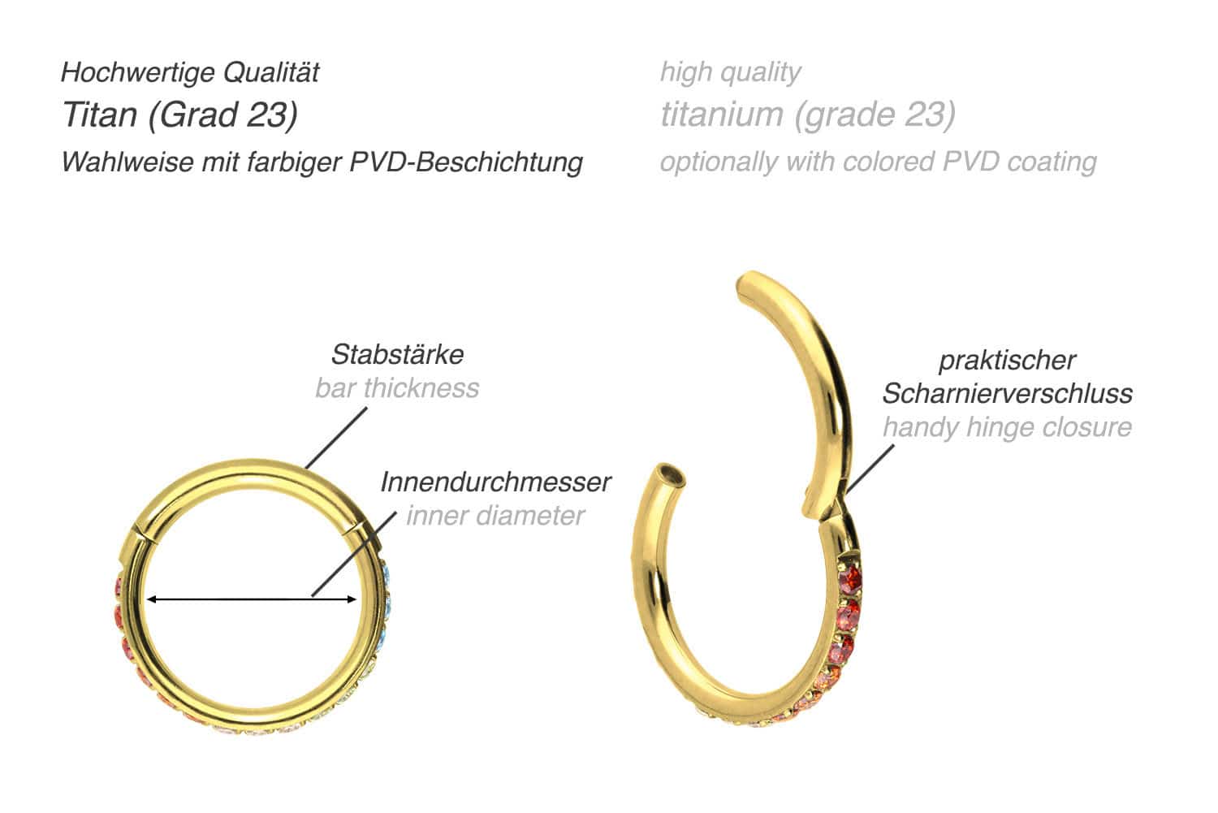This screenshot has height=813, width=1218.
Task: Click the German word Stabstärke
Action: pyautogui.click(x=397, y=354)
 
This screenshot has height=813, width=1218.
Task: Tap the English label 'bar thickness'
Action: pyautogui.click(x=397, y=387)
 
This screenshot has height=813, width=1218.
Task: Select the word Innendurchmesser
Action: pyautogui.click(x=495, y=482)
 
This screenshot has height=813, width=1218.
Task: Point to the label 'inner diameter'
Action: pyautogui.click(x=495, y=515)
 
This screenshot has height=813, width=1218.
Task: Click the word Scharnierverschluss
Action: pyautogui.click(x=1007, y=393)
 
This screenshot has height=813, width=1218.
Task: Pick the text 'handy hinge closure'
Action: pyautogui.click(x=1007, y=426)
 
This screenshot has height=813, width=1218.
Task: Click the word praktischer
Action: pyautogui.click(x=1007, y=360)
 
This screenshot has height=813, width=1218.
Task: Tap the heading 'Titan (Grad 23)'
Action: pyautogui.click(x=179, y=115)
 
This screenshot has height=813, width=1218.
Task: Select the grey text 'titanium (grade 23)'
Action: pyautogui.click(x=807, y=115)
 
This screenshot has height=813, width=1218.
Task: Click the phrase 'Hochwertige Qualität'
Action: pyautogui.click(x=190, y=72)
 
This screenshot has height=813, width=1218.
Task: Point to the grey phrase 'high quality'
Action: pyautogui.click(x=730, y=72)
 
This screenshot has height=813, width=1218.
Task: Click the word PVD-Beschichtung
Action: pyautogui.click(x=466, y=162)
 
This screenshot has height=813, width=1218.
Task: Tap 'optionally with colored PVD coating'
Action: pyautogui.click(x=878, y=162)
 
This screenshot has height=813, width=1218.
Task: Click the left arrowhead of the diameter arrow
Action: pyautogui.click(x=150, y=599)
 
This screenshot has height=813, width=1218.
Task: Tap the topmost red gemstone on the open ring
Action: pyautogui.click(x=850, y=580)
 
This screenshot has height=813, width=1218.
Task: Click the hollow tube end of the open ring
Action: pyautogui.click(x=669, y=474)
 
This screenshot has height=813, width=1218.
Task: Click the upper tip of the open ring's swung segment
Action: pyautogui.click(x=745, y=286)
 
